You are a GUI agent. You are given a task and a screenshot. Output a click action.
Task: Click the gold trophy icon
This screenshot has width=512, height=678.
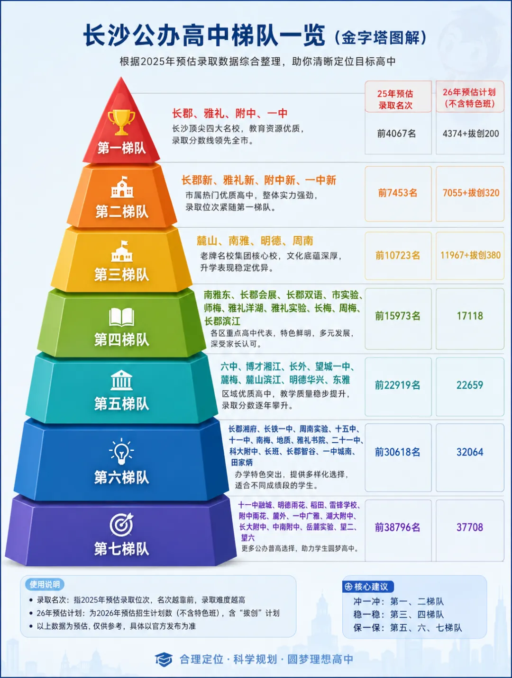click(x=121, y=122)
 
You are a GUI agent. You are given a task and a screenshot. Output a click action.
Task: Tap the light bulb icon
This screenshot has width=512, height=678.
click(x=121, y=451)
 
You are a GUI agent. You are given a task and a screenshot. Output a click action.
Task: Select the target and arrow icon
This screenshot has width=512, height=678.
click(x=121, y=525)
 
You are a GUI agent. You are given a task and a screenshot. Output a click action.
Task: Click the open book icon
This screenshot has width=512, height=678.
click(x=121, y=317)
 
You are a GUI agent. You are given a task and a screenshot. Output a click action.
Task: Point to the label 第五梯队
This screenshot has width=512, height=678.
click(x=121, y=404)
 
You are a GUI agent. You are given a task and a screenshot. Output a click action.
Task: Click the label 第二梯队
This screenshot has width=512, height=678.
click(x=121, y=212)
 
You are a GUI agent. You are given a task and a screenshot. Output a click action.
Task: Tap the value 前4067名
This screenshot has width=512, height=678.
click(x=396, y=134)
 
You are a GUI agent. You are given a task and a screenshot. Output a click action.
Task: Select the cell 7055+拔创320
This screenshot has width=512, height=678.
click(x=471, y=193)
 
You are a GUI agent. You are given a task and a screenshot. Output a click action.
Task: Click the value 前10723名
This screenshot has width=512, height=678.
click(x=398, y=256)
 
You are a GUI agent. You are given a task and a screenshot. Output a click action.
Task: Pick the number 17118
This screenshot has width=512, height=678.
click(x=470, y=316)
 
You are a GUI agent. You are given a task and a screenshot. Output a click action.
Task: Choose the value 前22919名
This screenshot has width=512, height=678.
click(x=397, y=385)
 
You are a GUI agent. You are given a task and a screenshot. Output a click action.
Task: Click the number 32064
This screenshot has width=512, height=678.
click(x=470, y=452)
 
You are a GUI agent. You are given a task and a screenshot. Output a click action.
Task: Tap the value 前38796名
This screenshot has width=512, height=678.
click(x=397, y=527)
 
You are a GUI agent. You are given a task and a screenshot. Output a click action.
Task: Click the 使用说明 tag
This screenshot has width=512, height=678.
click(x=45, y=584)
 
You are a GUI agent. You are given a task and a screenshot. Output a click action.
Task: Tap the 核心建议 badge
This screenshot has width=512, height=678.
click(x=367, y=587)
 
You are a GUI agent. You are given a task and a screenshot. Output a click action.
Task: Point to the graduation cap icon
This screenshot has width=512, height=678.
click(x=164, y=660)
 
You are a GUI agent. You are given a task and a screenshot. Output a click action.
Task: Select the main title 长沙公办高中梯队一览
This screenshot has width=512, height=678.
click(x=204, y=35)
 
